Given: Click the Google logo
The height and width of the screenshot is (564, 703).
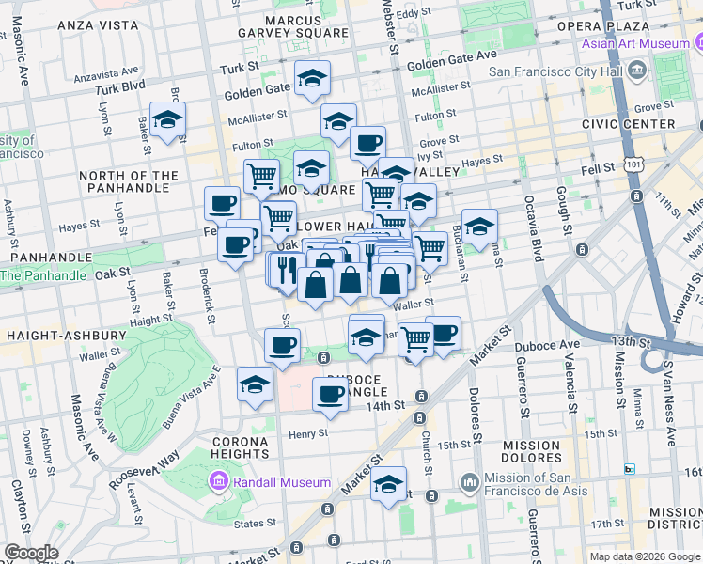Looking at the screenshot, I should pyautogui.click(x=30, y=553).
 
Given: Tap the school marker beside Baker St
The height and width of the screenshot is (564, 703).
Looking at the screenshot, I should pyautogui.click(x=168, y=120).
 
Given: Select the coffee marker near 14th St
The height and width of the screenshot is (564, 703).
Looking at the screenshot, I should pyautogui.click(x=330, y=393).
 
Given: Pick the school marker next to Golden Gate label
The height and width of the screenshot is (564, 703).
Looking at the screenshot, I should pyautogui.click(x=313, y=79).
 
